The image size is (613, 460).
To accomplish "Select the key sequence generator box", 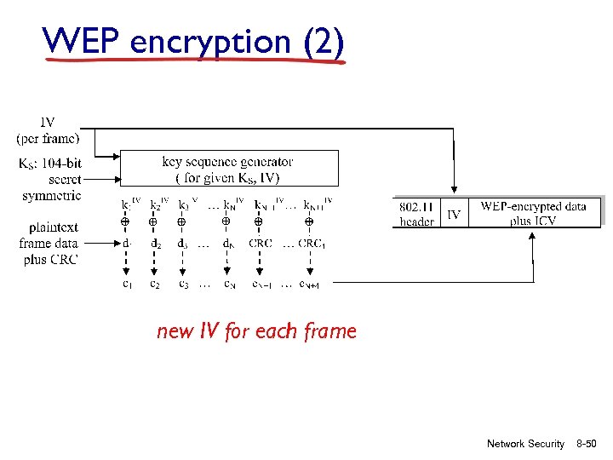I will [228, 169].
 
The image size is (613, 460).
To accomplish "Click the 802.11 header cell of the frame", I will [417, 213].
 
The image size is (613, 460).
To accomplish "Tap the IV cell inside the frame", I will [454, 214].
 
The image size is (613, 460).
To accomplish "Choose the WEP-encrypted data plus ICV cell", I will [533, 213].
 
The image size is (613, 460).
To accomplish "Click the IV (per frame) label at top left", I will [49, 130].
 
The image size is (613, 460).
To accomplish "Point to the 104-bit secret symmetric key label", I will [51, 179].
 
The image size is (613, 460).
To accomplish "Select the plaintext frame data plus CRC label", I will [52, 244].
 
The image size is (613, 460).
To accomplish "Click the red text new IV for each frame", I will [256, 331].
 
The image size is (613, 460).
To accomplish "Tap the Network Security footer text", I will [525, 444].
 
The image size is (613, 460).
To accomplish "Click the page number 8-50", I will [587, 444].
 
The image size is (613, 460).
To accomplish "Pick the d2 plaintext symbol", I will [155, 244].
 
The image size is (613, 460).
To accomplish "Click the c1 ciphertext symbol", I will [126, 284].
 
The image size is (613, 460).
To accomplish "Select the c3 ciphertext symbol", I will [182, 284].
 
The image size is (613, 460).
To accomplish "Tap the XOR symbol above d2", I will [153, 221].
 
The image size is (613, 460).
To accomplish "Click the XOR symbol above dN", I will [226, 221].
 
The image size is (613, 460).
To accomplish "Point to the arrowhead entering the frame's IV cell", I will [454, 192].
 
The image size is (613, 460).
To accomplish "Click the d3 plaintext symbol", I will [182, 244].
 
